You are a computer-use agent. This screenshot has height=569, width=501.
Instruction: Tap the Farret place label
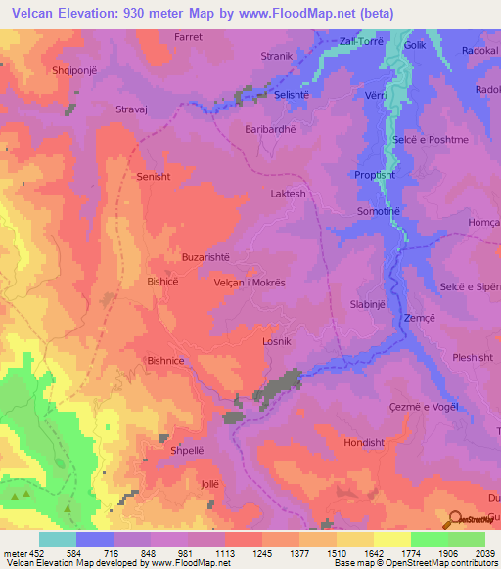point(188,37)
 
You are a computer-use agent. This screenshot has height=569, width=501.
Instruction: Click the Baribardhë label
point(270,129)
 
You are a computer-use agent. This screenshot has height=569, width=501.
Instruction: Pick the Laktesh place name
point(289,194)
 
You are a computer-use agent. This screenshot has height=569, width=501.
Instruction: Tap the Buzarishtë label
point(205,257)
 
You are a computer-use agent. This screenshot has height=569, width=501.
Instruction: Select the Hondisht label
point(364,442)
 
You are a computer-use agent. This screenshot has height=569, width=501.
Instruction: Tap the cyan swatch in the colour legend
point(57,539)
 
